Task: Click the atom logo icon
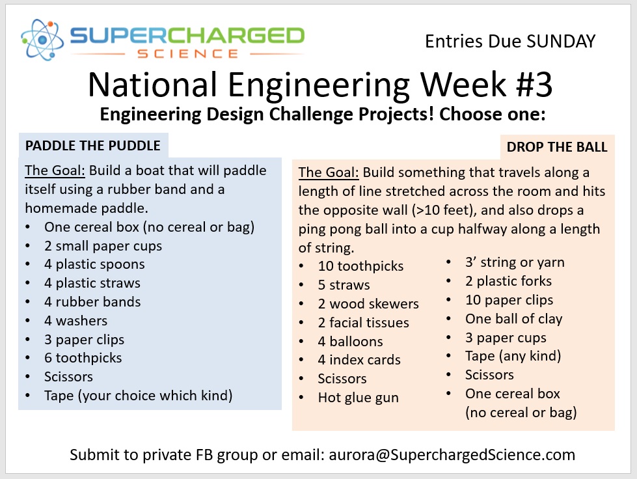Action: [42, 40]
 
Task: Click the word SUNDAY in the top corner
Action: [561, 42]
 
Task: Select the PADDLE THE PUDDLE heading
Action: [92, 145]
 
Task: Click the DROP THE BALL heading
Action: [556, 146]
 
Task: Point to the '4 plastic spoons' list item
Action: [94, 264]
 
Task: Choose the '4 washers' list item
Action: [75, 321]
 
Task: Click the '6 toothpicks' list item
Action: [83, 358]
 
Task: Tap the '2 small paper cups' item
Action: [103, 246]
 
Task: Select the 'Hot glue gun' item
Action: [358, 398]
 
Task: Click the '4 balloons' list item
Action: [350, 341]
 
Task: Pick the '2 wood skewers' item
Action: [368, 303]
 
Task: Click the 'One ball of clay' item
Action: [513, 318]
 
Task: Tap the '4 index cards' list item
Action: [359, 359]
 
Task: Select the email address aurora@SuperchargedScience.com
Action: [452, 455]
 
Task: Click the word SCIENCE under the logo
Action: [187, 54]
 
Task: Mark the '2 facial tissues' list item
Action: [363, 323]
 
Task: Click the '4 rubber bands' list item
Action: [92, 302]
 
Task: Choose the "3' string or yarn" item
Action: [515, 262]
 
